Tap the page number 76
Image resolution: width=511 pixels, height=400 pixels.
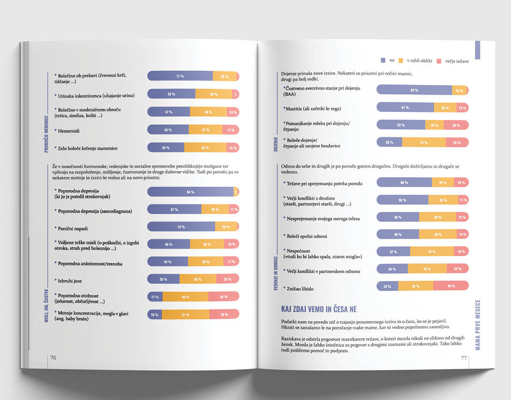(x=53, y=358)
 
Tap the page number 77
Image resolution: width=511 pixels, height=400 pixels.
(x=463, y=358)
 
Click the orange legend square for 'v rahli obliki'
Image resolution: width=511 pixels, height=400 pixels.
(x=401, y=60)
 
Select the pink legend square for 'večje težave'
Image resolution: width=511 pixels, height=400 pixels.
(x=438, y=61)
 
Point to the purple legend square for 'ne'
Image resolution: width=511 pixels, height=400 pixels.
(x=383, y=60)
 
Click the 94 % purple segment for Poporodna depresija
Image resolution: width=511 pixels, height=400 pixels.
(x=190, y=192)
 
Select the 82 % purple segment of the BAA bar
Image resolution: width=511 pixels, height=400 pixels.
(x=414, y=90)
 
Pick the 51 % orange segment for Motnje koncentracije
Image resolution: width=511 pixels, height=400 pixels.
(x=185, y=314)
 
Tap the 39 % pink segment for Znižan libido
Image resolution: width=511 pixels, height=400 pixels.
(x=451, y=286)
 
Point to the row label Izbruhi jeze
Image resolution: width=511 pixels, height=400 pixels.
(x=69, y=280)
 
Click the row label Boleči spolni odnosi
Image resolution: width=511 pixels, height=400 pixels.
(x=307, y=236)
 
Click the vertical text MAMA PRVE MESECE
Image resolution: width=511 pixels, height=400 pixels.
(x=478, y=325)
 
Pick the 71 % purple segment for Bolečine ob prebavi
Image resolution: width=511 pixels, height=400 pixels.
(x=180, y=76)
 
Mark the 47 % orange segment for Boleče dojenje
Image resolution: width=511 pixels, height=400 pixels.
(x=424, y=143)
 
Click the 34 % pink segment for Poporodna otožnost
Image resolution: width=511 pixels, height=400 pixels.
(x=224, y=297)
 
